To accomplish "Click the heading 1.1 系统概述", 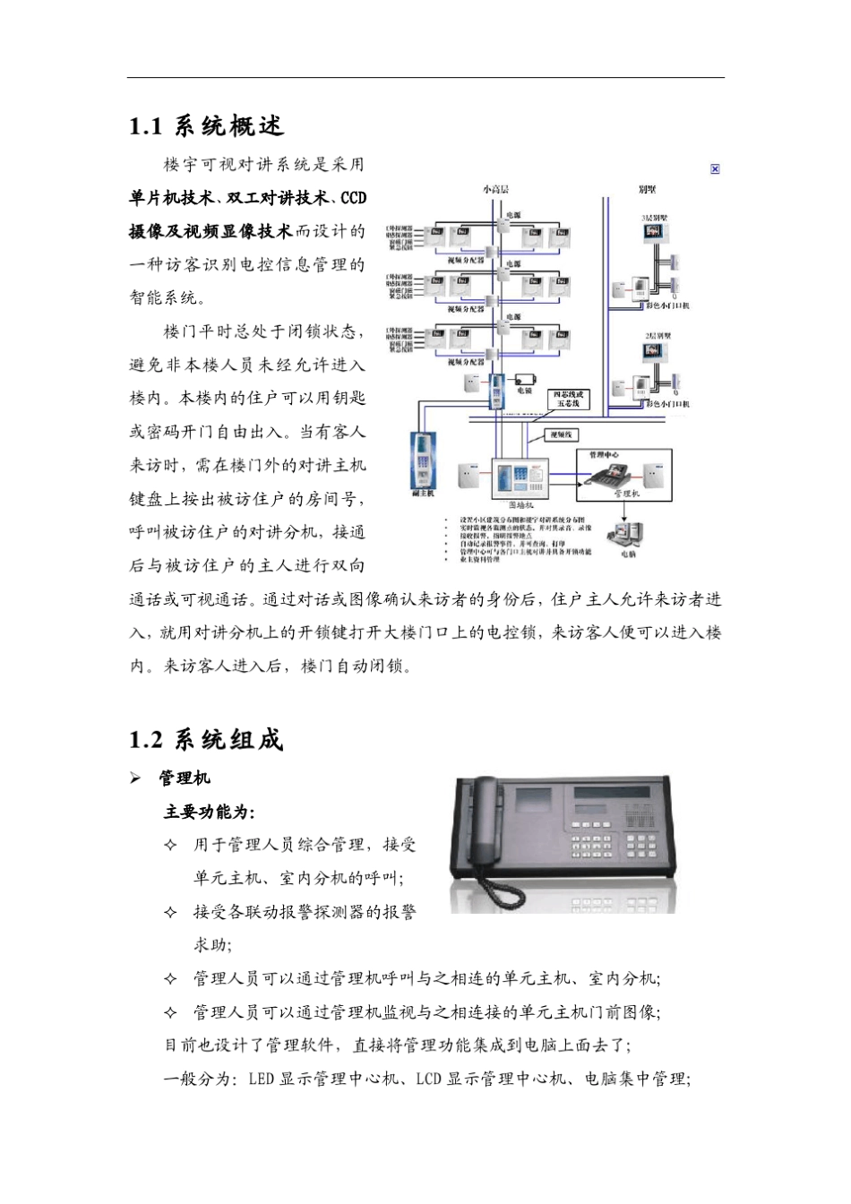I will click(x=206, y=126).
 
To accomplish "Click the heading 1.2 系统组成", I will click(x=206, y=740).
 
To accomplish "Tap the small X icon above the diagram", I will click(x=715, y=168).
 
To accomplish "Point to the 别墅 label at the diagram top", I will click(x=647, y=189).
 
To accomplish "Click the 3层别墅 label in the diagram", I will click(x=654, y=217).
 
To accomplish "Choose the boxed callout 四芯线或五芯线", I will click(x=568, y=399).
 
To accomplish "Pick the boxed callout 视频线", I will click(x=563, y=434).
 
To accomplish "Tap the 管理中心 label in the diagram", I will click(x=603, y=455).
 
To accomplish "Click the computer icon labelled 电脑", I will click(x=626, y=536).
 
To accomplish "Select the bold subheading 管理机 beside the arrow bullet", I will click(x=184, y=778).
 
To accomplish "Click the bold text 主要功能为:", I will click(x=209, y=812).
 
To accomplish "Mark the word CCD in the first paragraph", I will click(x=354, y=197).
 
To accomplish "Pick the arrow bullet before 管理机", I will click(x=136, y=778).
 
